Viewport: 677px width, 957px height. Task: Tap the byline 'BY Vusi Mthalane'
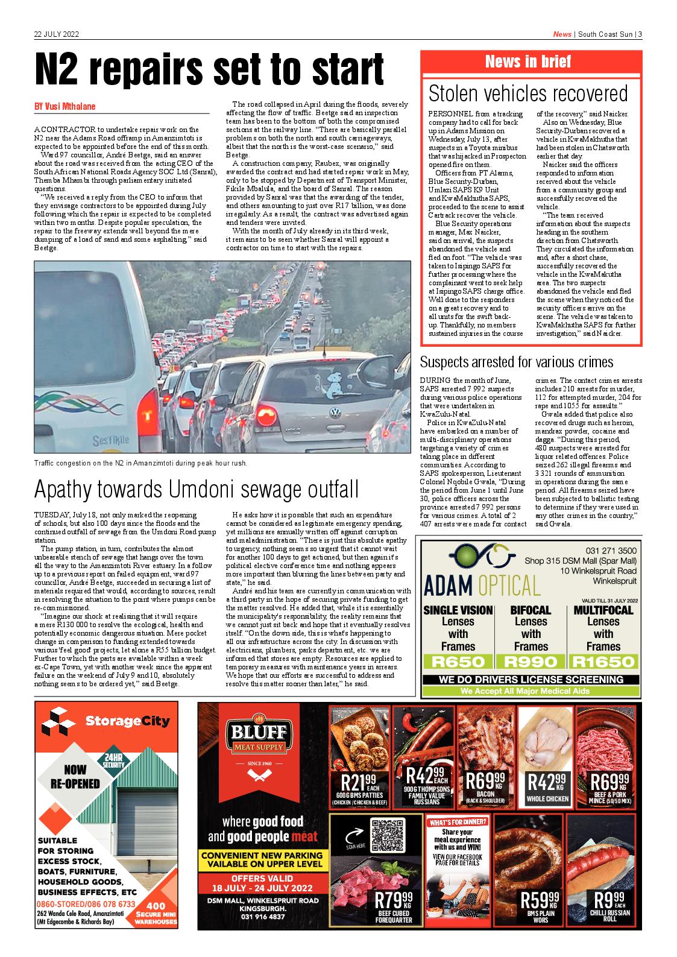(x=65, y=107)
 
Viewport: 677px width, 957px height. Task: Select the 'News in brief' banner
(x=527, y=62)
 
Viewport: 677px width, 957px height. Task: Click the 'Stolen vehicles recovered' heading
(x=527, y=93)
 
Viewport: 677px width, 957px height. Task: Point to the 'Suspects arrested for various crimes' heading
(x=516, y=362)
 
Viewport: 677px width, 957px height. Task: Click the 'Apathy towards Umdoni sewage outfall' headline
(x=196, y=489)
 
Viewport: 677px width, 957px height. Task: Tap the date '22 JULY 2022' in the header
(x=57, y=34)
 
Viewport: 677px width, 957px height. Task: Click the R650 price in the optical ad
(x=458, y=662)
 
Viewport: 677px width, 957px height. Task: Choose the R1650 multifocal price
(x=603, y=662)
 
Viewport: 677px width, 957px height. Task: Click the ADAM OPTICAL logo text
(x=482, y=585)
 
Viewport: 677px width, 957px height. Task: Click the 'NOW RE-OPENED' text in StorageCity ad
(x=75, y=777)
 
